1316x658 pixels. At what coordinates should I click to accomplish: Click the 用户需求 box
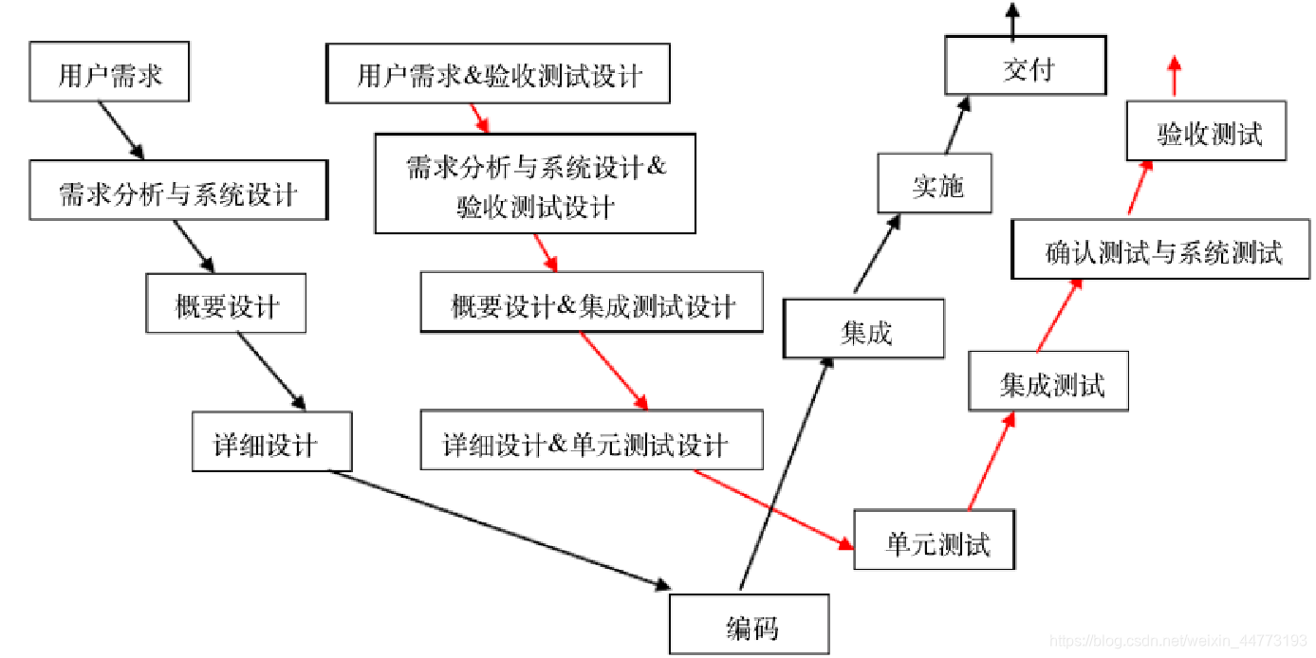click(x=109, y=72)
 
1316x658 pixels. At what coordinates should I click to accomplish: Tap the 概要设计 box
click(x=226, y=303)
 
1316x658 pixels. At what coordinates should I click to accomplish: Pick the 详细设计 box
click(x=271, y=442)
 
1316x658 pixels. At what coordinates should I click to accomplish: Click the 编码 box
click(x=750, y=625)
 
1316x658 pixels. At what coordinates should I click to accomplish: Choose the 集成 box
click(x=864, y=329)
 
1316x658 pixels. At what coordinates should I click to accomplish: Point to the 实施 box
click(x=935, y=184)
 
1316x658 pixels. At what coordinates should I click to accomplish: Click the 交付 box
click(x=1026, y=66)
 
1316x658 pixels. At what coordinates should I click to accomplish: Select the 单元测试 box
click(x=935, y=540)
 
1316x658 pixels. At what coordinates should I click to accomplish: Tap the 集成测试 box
click(x=1048, y=381)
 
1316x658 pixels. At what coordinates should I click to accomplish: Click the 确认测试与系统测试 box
click(x=1161, y=249)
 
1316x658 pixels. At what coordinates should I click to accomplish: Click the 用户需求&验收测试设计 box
click(x=498, y=74)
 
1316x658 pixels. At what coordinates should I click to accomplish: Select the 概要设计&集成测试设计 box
click(x=591, y=303)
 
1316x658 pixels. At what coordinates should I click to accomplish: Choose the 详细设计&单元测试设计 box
click(x=591, y=441)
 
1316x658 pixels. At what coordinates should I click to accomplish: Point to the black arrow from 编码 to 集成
click(x=784, y=474)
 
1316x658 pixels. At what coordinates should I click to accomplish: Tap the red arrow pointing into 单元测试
click(x=772, y=508)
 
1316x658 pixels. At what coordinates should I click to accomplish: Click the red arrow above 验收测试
click(x=1174, y=76)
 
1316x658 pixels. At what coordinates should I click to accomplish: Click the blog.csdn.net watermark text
click(x=1180, y=642)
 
